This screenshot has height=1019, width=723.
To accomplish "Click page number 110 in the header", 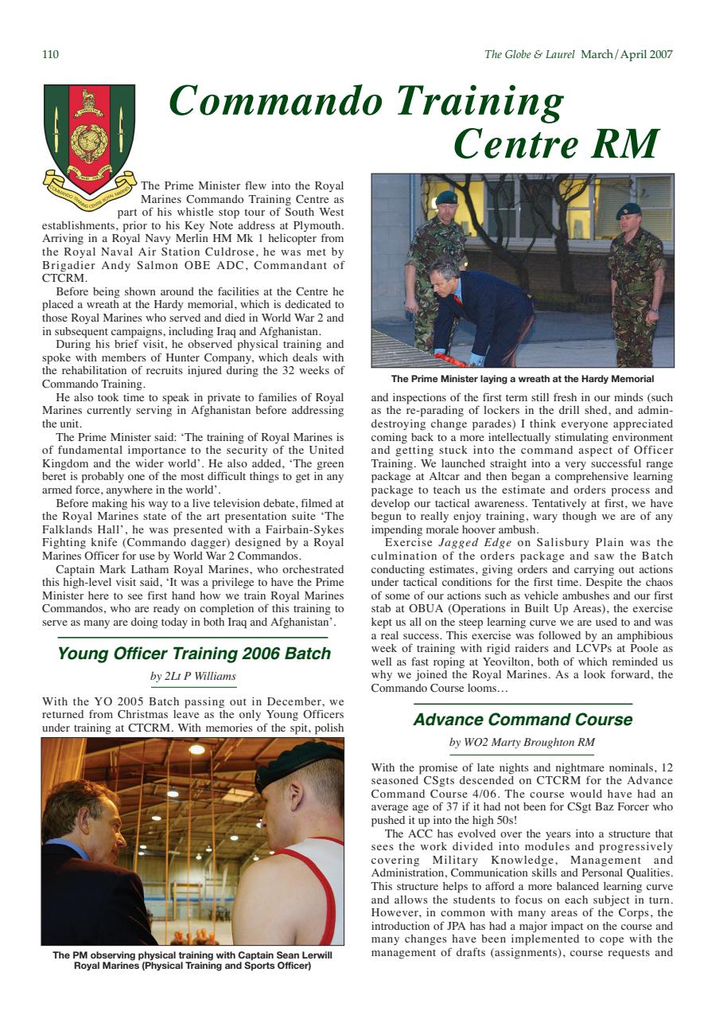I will coord(49,55).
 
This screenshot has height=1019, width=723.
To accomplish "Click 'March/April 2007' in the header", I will coord(627,55).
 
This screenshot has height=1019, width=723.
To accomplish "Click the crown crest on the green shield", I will coord(89,100).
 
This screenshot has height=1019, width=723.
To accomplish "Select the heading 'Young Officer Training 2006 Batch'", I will coord(194,654).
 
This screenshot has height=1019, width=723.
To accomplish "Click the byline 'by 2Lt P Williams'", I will coord(193,677).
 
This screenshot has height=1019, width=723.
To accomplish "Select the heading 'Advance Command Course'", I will coord(523,720).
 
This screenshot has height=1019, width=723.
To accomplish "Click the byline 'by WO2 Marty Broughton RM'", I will coord(522,743).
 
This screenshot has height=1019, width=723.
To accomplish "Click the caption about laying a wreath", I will coord(522,379).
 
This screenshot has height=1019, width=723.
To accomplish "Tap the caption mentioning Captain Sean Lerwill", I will coord(192,960).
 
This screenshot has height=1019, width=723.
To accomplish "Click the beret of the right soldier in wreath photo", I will coord(628,210).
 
